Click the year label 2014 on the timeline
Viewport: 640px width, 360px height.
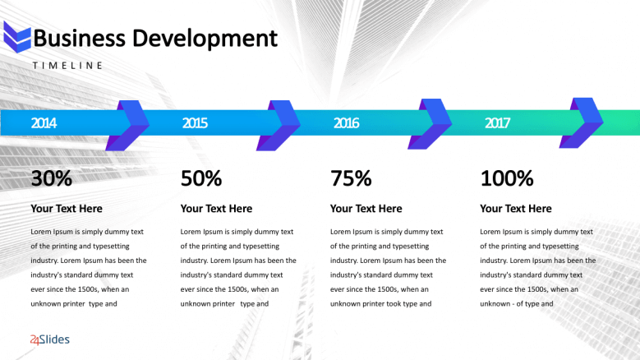[44, 122]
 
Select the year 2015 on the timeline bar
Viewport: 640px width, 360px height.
[195, 122]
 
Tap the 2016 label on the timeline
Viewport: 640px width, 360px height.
[346, 122]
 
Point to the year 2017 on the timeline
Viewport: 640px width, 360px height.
[497, 122]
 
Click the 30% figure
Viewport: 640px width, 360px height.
[52, 178]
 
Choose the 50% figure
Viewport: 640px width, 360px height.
[201, 178]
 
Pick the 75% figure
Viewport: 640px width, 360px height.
[351, 178]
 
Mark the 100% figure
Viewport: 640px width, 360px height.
[507, 178]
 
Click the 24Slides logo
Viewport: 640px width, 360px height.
[50, 339]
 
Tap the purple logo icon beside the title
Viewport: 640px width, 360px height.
[17, 38]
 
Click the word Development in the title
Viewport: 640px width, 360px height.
[205, 39]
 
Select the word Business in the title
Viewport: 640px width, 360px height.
[79, 39]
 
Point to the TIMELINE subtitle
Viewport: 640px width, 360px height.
[67, 65]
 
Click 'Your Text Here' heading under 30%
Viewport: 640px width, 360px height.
[67, 209]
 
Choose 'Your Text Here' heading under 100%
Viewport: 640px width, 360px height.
[516, 209]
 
